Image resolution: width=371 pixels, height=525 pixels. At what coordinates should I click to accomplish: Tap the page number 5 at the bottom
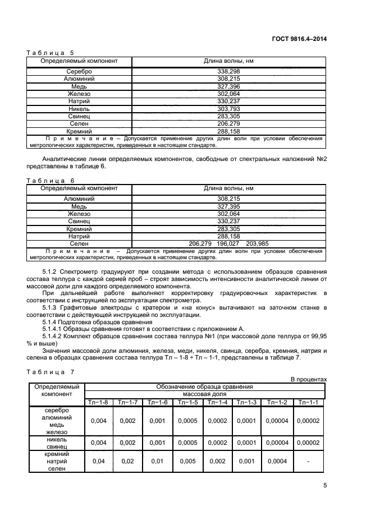324,486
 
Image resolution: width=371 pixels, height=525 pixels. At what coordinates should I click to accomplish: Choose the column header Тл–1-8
98,402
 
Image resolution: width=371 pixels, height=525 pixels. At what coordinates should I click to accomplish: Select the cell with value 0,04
98,460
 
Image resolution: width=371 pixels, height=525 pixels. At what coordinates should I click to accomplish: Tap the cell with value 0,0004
277,460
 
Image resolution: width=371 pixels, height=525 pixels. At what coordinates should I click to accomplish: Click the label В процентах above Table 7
308,380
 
